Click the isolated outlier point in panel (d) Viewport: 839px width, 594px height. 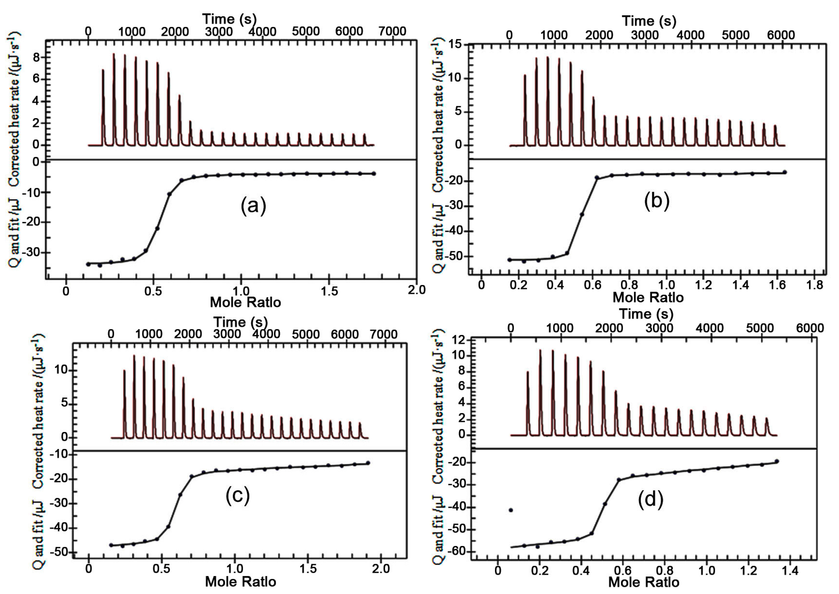[511, 510]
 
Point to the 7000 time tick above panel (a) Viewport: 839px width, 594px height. [392, 31]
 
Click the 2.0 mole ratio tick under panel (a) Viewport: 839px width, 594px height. [416, 290]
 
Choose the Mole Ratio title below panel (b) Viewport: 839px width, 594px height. [648, 297]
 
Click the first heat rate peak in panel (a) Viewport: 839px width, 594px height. [103, 70]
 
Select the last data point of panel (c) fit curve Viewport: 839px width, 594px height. [368, 463]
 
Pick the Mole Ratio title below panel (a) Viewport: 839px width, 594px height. [245, 302]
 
